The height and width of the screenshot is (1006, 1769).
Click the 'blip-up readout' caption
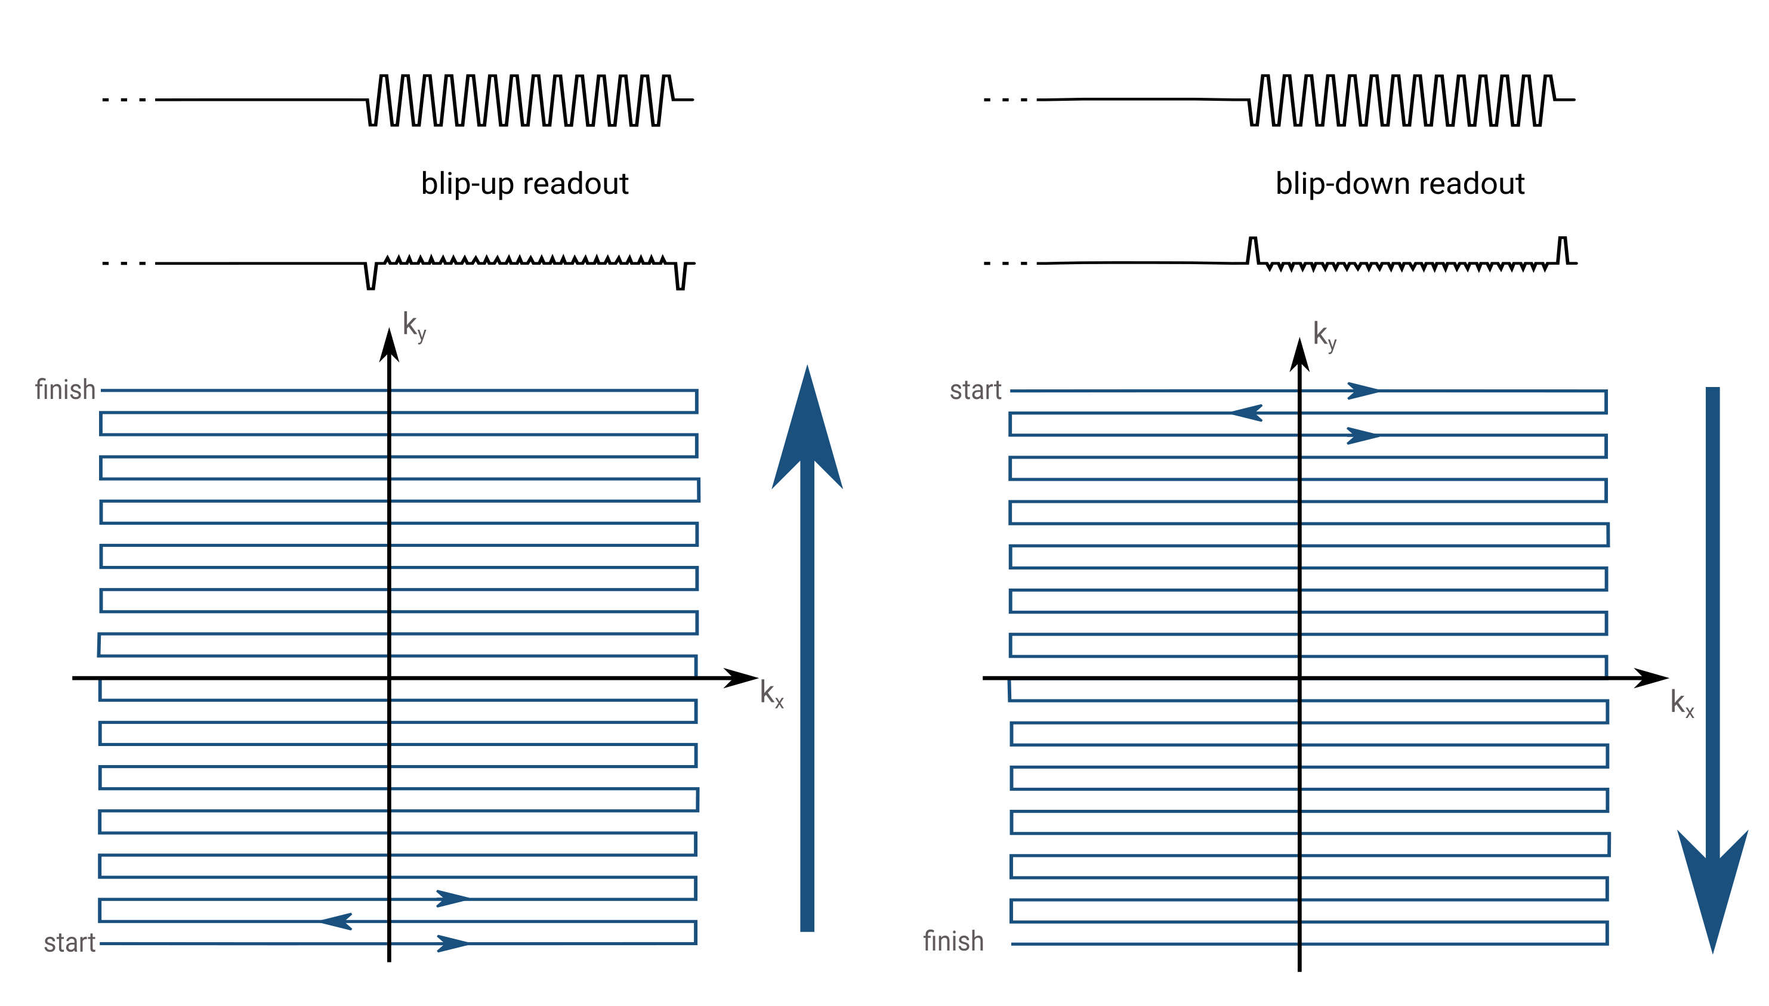(524, 184)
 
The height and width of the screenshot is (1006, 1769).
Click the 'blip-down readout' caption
(1400, 184)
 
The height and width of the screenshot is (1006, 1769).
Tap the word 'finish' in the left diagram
(65, 389)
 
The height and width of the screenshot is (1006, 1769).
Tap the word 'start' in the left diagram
(69, 942)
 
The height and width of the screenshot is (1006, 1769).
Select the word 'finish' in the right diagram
(953, 941)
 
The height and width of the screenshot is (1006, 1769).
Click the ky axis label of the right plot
(1325, 336)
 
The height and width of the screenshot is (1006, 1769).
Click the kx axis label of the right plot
(1682, 704)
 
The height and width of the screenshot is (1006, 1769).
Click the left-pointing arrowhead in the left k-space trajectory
(337, 921)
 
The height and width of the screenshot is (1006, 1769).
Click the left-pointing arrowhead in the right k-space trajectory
(1246, 413)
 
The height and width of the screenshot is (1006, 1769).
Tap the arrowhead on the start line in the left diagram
(453, 943)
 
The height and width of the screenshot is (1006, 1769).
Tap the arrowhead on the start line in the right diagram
(1363, 391)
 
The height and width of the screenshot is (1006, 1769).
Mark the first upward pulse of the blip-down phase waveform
(1252, 249)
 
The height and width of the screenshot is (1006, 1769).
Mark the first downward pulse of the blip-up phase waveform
(371, 276)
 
